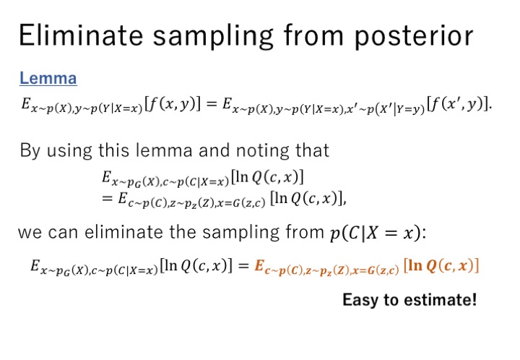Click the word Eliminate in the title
pos(81,35)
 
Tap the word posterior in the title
pos(414,37)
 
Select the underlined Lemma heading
pos(48,78)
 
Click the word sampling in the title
pos(213,37)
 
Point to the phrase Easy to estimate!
pos(409,299)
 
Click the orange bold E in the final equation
pos(259,265)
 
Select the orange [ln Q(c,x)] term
pos(441,266)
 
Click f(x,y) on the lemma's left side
pos(173,105)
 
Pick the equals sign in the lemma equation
pos(211,104)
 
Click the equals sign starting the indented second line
pos(107,199)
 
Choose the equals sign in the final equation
pos(243,265)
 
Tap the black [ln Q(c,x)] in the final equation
pos(196,266)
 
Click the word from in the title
pos(313,35)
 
